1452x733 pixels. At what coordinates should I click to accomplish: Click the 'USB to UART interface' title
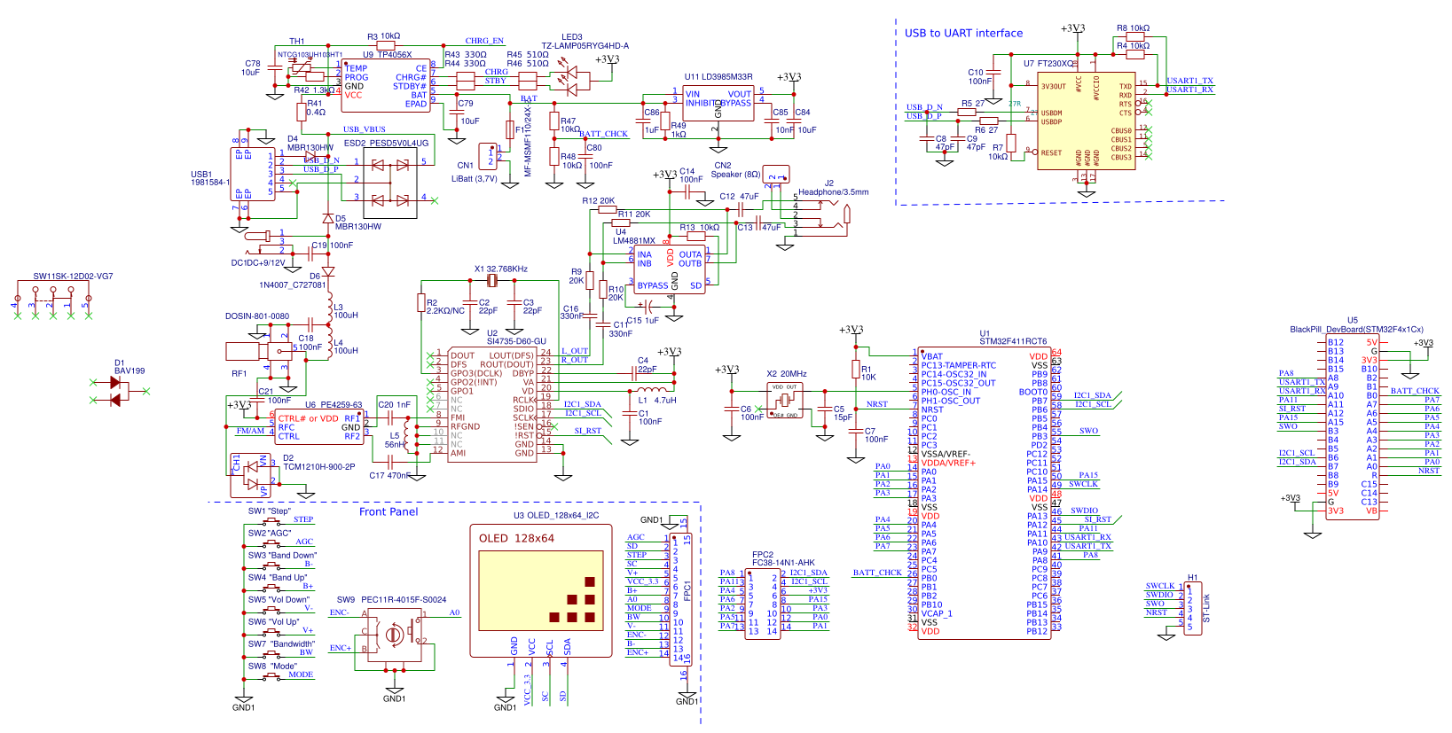(x=963, y=33)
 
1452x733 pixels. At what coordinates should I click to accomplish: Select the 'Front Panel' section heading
(x=388, y=511)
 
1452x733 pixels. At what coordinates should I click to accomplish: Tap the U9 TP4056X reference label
(x=387, y=54)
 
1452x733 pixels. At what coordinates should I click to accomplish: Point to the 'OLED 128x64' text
(x=516, y=538)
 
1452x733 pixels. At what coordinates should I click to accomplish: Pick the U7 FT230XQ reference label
(x=1049, y=63)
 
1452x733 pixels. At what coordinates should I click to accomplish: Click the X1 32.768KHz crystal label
(x=500, y=269)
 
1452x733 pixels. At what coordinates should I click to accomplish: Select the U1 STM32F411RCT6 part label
(x=1012, y=340)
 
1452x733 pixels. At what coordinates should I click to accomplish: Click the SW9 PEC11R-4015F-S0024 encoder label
(x=391, y=599)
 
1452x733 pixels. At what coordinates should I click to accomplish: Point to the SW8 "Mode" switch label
(x=272, y=666)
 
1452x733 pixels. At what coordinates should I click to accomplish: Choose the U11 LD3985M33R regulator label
(x=718, y=77)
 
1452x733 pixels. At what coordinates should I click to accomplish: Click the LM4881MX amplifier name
(x=634, y=240)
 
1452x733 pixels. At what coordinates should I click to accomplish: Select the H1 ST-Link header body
(x=1193, y=607)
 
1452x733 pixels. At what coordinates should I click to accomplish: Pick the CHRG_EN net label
(x=484, y=41)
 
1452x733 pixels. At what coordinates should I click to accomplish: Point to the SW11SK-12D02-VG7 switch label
(x=73, y=276)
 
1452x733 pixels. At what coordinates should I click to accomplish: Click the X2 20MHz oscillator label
(x=787, y=373)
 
